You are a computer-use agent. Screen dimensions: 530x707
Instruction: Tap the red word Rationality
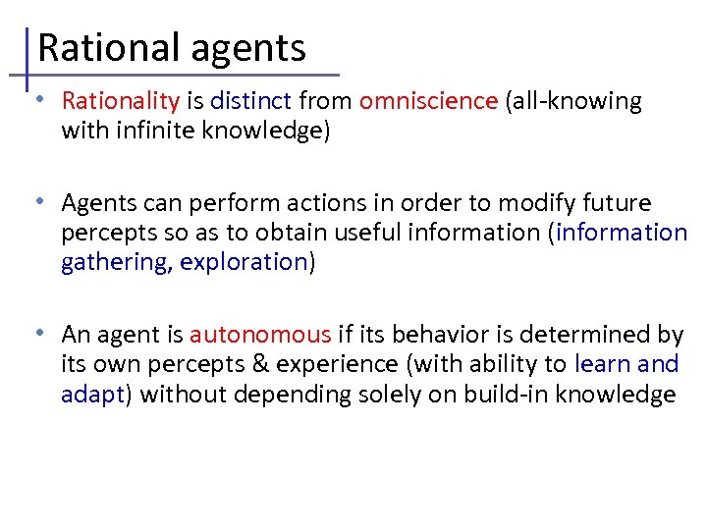tap(121, 101)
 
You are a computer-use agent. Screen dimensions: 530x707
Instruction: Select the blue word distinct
tap(251, 101)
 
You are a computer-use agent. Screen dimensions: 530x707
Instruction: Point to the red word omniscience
tap(429, 101)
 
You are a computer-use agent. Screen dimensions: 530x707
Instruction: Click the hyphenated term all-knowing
tap(576, 101)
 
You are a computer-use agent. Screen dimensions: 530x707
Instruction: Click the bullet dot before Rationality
tap(37, 99)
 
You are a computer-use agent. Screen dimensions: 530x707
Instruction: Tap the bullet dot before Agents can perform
tap(37, 201)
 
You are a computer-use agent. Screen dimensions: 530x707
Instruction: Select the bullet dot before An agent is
tap(37, 333)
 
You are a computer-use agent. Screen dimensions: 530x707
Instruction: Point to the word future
tap(617, 203)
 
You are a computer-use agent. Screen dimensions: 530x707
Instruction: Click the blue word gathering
tap(115, 263)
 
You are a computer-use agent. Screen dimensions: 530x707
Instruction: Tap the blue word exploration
tap(244, 263)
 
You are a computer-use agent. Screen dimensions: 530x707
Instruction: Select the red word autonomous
tap(260, 336)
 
